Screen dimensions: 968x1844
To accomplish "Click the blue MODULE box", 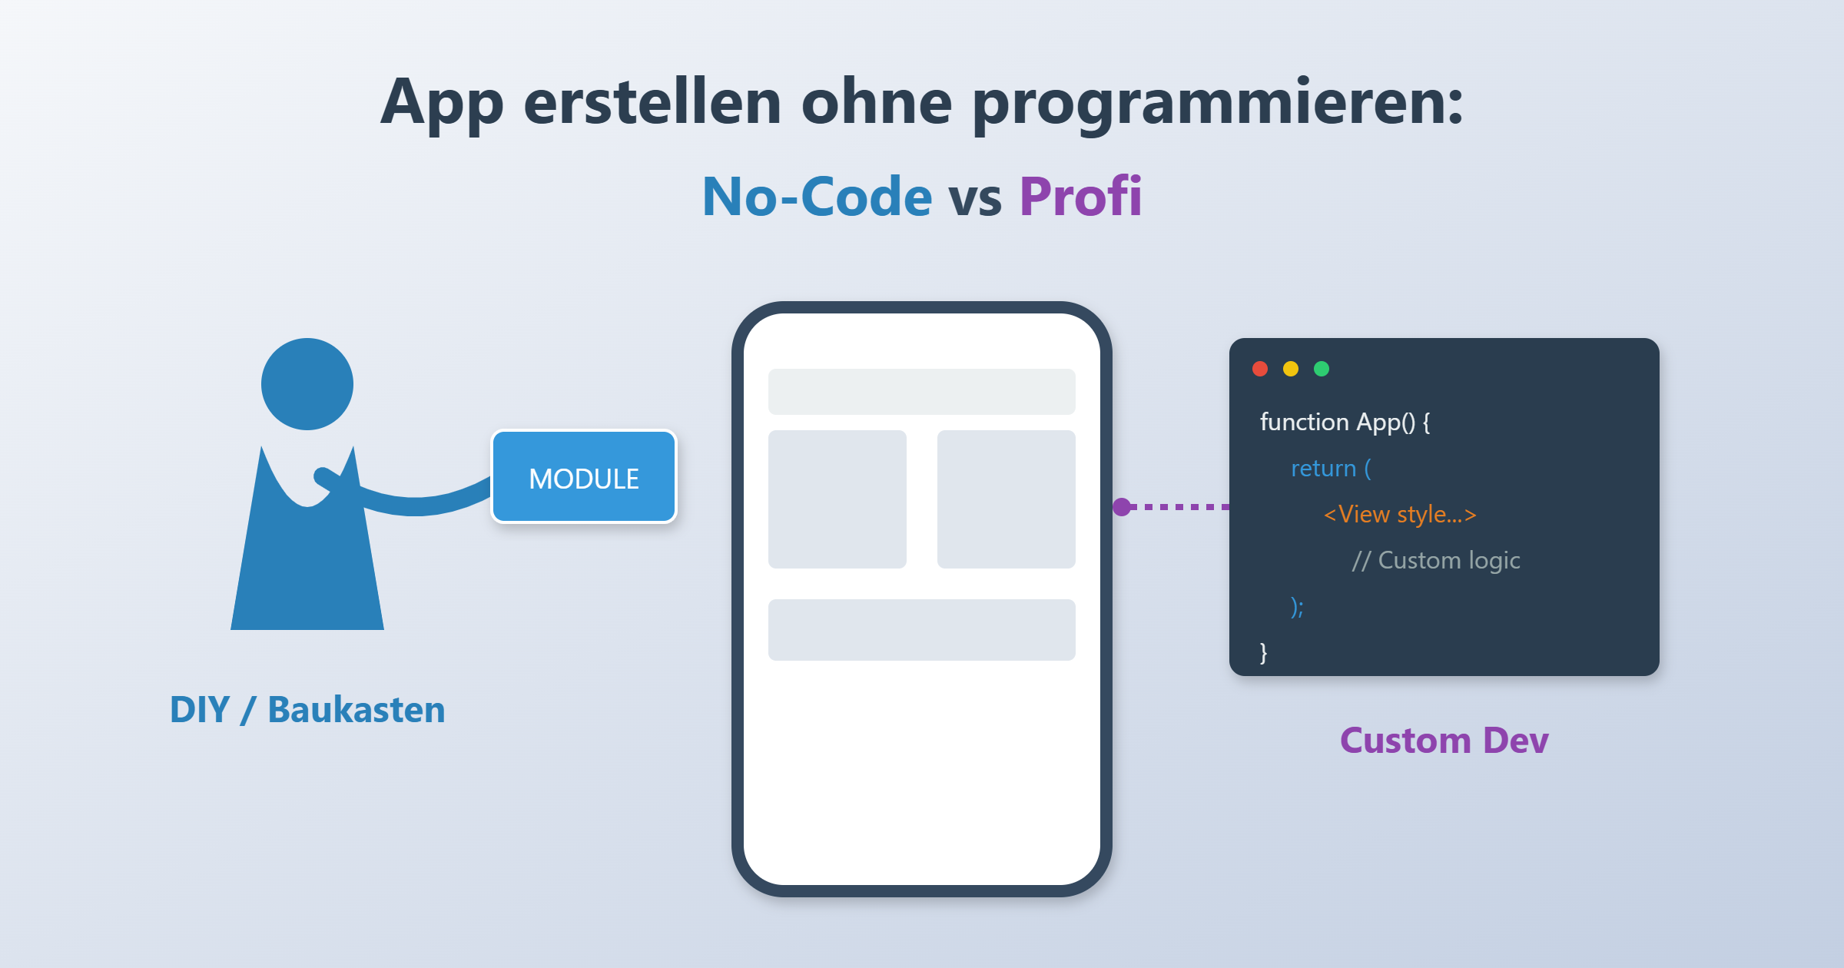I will pyautogui.click(x=584, y=477).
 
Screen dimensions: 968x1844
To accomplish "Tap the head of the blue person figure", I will pyautogui.click(x=307, y=384).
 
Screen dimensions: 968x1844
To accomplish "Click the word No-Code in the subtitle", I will pyautogui.click(x=817, y=197).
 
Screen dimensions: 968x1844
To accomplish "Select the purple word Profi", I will pyautogui.click(x=1080, y=197).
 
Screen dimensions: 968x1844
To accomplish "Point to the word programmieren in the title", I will pyautogui.click(x=1218, y=104).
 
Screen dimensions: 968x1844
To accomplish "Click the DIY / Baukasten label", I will pyautogui.click(x=307, y=709).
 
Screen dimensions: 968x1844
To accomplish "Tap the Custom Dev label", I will pyautogui.click(x=1444, y=741).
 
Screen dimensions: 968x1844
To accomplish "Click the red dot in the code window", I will pyautogui.click(x=1260, y=369).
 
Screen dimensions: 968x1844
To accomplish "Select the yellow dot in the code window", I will pyautogui.click(x=1291, y=369).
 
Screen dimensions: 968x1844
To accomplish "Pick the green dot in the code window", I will pyautogui.click(x=1322, y=369).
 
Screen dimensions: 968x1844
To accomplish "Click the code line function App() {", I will pyautogui.click(x=1345, y=423).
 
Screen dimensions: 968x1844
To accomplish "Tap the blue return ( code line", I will pyautogui.click(x=1331, y=469).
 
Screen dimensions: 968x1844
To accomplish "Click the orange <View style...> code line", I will pyautogui.click(x=1400, y=515).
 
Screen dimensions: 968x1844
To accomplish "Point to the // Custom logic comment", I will pyautogui.click(x=1435, y=561).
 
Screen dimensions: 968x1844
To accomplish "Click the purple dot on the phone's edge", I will pyautogui.click(x=1122, y=507).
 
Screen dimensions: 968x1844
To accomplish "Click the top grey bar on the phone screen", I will pyautogui.click(x=922, y=392).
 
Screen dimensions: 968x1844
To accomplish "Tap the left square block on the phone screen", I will pyautogui.click(x=837, y=499).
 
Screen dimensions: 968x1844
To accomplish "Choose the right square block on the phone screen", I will pyautogui.click(x=1007, y=499).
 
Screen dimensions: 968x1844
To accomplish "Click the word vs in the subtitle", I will pyautogui.click(x=975, y=198).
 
